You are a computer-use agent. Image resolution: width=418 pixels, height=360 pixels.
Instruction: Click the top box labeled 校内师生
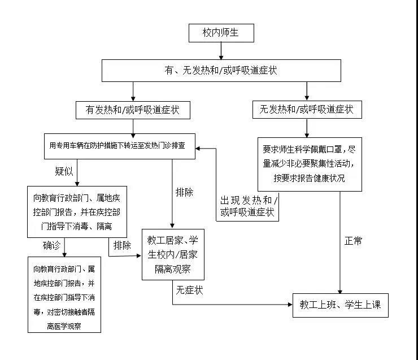click(x=221, y=33)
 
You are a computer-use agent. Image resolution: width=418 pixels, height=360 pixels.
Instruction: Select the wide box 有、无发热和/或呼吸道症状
click(x=221, y=71)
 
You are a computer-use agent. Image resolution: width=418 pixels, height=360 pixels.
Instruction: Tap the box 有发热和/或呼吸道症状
click(x=132, y=110)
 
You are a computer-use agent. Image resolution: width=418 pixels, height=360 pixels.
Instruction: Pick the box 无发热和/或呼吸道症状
click(x=307, y=110)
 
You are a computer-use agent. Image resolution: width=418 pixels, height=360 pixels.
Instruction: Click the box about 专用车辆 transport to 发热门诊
click(x=121, y=148)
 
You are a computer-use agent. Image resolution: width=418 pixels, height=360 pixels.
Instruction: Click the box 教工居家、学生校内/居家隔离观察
click(x=173, y=254)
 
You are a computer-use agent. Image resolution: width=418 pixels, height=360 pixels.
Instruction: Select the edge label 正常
click(x=353, y=241)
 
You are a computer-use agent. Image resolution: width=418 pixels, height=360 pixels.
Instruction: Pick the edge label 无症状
click(x=189, y=290)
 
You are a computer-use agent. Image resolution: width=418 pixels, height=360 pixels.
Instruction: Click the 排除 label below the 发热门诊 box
click(x=185, y=192)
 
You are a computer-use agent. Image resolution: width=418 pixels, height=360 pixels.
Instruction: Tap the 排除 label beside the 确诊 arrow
click(x=122, y=245)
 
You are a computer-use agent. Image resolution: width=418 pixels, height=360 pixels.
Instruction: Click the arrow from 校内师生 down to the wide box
click(x=221, y=51)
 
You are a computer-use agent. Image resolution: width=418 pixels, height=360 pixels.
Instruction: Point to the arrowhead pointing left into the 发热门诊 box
click(x=199, y=148)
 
